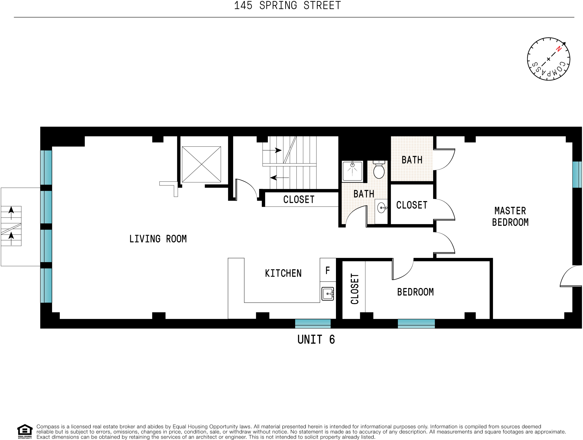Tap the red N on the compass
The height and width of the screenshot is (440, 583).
coord(558,49)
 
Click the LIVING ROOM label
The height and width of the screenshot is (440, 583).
coord(158,239)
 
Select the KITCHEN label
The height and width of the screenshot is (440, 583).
coord(283,273)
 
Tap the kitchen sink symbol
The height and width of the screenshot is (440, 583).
coord(328,293)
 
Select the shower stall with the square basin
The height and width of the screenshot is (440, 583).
coord(352,171)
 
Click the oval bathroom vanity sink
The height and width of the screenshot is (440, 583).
coord(381,208)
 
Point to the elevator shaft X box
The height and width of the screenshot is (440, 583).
coord(201,164)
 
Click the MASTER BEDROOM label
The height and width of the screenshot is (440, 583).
coord(510,216)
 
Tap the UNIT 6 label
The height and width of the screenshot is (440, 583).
coord(316,339)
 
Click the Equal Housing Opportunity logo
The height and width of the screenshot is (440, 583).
coord(25,431)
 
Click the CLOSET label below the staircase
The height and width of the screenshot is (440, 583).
coord(299,199)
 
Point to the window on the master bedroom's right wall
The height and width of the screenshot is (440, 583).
coord(577,175)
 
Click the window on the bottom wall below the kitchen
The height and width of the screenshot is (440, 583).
coord(313,323)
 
